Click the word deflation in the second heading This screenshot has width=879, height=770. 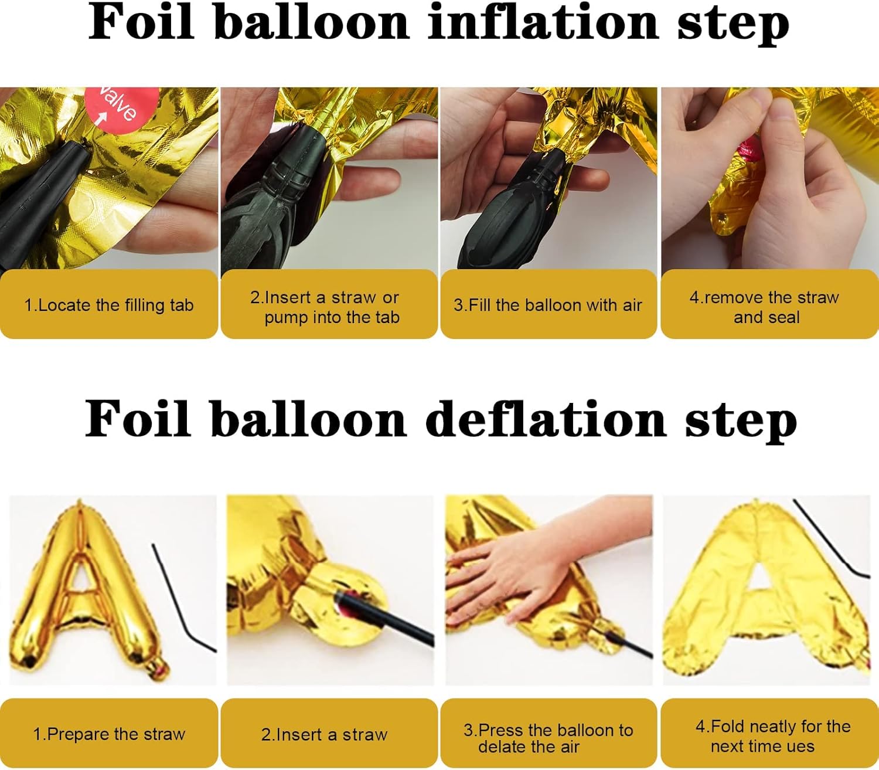pos(545,420)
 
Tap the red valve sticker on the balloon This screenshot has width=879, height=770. pos(121,106)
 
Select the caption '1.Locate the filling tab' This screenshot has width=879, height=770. pos(109,305)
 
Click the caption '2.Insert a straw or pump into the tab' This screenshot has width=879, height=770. pos(329,307)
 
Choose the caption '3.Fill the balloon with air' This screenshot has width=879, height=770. pos(548,305)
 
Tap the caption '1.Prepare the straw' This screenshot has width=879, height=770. pos(109,734)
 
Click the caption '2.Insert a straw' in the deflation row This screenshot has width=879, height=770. pos(324,734)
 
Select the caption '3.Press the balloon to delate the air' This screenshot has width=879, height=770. pos(548,738)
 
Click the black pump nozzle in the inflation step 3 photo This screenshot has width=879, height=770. pos(516,211)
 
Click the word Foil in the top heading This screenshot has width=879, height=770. pos(141,23)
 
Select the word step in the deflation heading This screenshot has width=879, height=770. pos(741,420)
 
